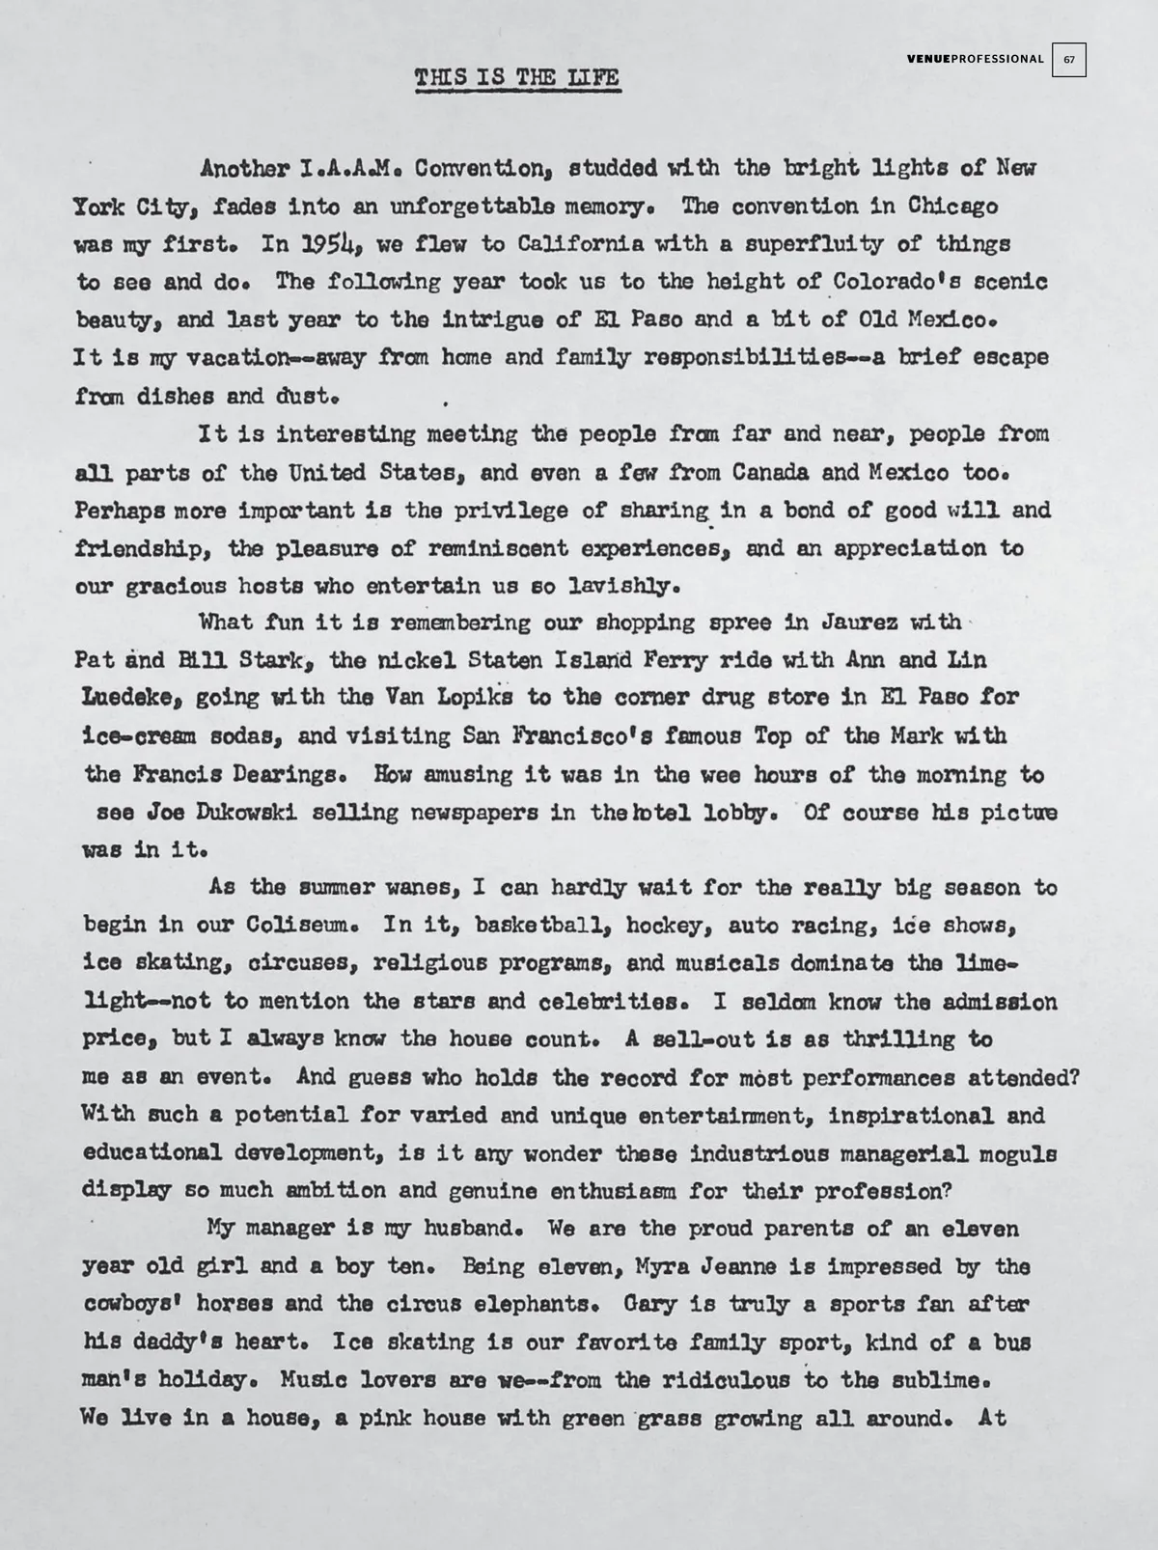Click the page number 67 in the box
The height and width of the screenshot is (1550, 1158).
[x=1069, y=59]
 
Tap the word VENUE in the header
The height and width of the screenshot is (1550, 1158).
[x=928, y=59]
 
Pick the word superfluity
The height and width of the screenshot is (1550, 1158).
[x=810, y=244]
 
